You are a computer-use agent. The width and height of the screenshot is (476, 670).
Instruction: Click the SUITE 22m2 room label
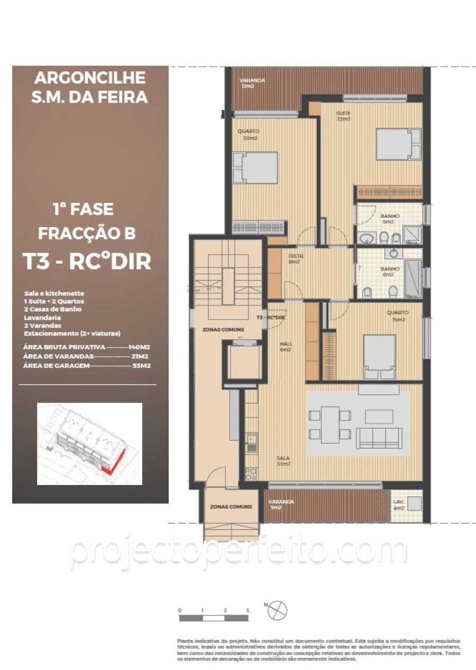(x=343, y=116)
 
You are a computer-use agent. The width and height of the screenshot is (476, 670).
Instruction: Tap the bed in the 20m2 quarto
(x=255, y=168)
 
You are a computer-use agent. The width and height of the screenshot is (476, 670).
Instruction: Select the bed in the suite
(x=398, y=144)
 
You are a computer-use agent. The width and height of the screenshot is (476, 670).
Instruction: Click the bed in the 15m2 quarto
(x=380, y=357)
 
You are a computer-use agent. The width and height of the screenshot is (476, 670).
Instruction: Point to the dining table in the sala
(x=330, y=424)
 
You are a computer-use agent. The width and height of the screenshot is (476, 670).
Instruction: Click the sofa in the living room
(x=378, y=438)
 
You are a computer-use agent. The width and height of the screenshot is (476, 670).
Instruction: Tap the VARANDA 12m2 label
(x=252, y=83)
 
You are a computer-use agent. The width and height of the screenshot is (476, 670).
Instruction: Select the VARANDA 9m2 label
(x=281, y=505)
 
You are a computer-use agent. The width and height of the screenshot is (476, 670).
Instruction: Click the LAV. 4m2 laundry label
(x=398, y=505)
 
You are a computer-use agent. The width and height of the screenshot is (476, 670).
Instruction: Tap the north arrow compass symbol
(x=277, y=611)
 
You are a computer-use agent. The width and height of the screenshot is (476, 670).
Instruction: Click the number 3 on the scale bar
(x=247, y=610)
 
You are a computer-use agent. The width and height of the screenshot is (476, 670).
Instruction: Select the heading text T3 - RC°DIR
(x=86, y=261)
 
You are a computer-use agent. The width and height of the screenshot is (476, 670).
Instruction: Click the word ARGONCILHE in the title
(x=90, y=78)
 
